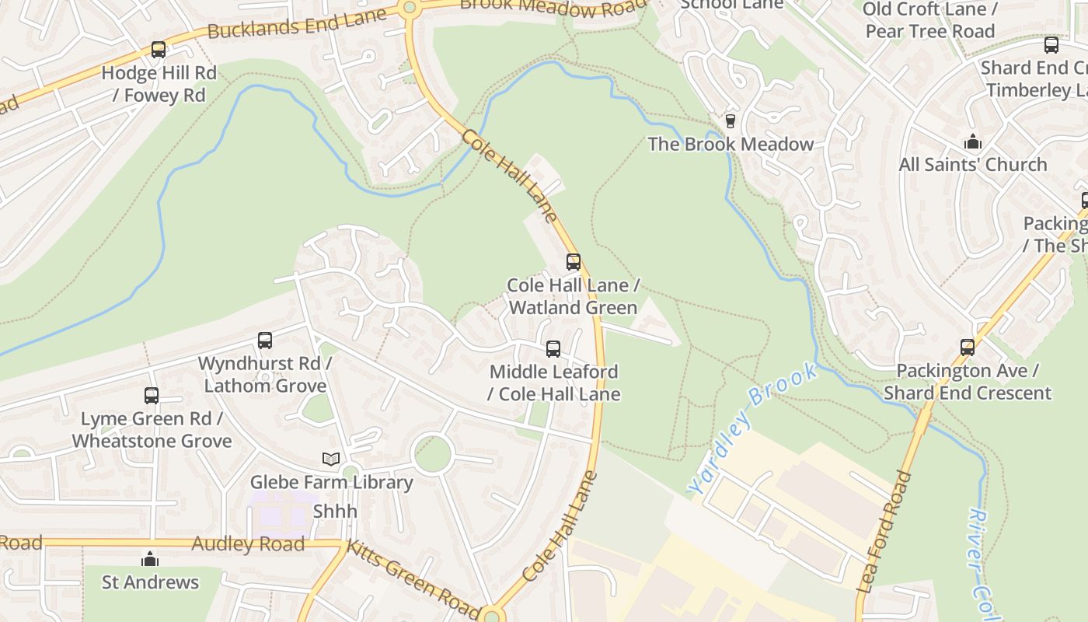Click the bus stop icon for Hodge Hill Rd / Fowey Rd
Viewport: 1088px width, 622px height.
(159, 50)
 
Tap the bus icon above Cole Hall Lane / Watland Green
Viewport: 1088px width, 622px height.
(574, 262)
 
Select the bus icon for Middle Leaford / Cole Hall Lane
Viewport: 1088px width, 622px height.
(553, 349)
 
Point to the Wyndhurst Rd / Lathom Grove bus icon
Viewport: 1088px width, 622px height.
(265, 341)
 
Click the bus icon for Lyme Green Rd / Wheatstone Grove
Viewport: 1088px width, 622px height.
(152, 396)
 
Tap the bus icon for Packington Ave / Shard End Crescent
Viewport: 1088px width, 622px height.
(968, 348)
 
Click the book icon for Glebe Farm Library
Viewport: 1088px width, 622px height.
(331, 460)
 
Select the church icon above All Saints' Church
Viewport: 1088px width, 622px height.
(972, 142)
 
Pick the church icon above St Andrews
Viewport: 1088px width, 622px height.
(150, 560)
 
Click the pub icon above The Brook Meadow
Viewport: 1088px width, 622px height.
(730, 121)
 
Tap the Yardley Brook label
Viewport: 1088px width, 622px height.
(753, 428)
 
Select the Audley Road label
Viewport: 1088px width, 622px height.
(248, 544)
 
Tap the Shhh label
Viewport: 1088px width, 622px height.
(335, 511)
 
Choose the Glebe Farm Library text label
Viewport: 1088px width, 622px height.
(331, 482)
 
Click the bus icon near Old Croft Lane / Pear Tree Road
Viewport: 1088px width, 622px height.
(1051, 45)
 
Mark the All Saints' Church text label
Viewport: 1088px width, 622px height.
(973, 165)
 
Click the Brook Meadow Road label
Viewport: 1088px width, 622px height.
(552, 8)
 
